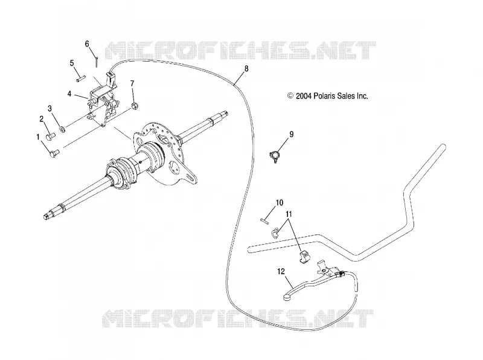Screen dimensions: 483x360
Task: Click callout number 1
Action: click(x=38, y=137)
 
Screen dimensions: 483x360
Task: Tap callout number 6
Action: click(x=87, y=44)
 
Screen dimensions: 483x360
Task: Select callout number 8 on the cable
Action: click(x=246, y=68)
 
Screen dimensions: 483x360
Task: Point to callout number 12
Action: click(x=281, y=272)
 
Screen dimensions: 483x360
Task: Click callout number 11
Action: click(x=289, y=214)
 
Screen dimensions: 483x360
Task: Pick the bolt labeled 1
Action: click(x=54, y=153)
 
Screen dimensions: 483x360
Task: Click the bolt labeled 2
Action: click(x=50, y=136)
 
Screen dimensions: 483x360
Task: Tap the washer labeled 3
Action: click(x=62, y=129)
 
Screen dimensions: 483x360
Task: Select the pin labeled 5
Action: click(x=81, y=79)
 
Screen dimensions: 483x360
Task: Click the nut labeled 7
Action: click(x=134, y=106)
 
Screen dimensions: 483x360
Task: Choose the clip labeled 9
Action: click(x=274, y=156)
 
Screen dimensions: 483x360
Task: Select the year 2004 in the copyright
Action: click(x=304, y=96)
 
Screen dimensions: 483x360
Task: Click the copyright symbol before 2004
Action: click(x=290, y=96)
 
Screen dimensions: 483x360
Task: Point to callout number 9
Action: click(x=292, y=134)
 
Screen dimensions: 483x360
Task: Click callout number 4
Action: click(x=69, y=94)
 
